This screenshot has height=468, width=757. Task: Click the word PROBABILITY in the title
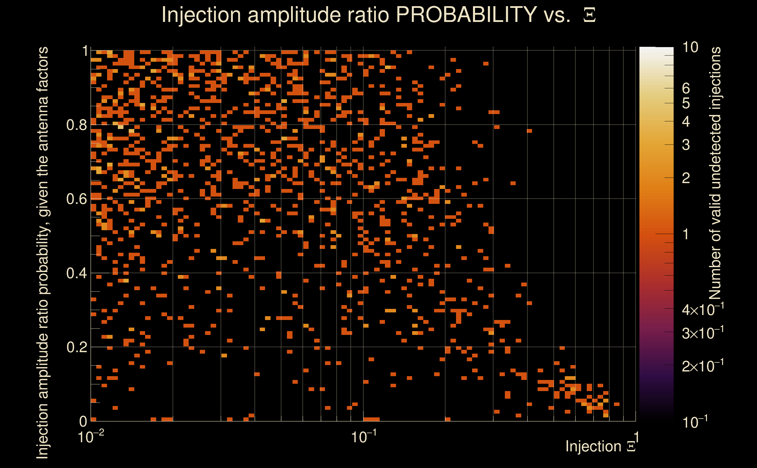(x=466, y=15)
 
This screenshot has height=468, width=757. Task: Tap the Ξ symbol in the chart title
(x=589, y=15)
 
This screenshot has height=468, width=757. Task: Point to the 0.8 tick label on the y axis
(x=77, y=125)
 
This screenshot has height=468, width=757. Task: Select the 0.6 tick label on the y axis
(x=77, y=199)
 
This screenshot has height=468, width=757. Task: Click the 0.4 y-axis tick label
(x=77, y=273)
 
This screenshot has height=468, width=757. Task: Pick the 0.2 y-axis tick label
(x=77, y=347)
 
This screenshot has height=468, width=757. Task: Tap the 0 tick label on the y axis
(x=83, y=421)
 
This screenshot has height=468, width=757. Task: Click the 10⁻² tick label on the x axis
(x=91, y=437)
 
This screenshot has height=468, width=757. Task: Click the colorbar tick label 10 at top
(x=690, y=47)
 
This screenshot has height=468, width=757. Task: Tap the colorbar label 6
(x=686, y=89)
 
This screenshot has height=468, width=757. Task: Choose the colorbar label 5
(x=686, y=103)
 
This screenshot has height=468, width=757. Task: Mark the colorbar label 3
(x=686, y=145)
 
